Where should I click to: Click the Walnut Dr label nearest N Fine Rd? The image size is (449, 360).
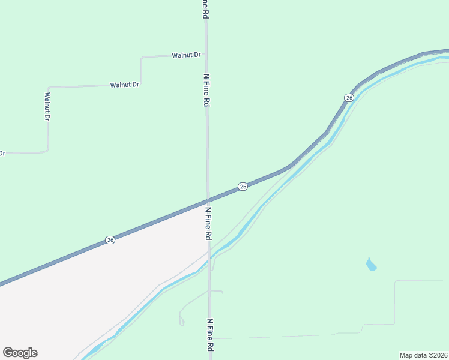(185, 55)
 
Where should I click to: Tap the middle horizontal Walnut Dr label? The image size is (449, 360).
(124, 85)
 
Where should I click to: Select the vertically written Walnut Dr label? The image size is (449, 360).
(47, 106)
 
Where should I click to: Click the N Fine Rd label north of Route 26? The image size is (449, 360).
(206, 90)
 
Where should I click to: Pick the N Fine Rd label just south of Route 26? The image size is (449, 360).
(208, 224)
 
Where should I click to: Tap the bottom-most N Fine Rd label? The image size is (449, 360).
(210, 335)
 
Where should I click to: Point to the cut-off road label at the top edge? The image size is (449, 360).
(205, 9)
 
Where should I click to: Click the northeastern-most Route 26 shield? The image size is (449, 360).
(349, 97)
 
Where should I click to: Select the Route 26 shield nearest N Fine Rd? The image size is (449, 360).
(243, 187)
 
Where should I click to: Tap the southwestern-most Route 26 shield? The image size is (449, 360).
(110, 240)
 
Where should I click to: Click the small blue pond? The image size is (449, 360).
(372, 264)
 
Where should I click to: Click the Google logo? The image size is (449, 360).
(20, 353)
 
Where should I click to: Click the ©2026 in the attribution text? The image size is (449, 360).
(439, 355)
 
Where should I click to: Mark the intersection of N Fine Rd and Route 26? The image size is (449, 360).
(208, 200)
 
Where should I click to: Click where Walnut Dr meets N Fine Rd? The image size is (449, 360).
(206, 55)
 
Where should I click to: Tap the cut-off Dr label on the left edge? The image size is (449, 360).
(2, 154)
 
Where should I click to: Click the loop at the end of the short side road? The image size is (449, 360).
(182, 322)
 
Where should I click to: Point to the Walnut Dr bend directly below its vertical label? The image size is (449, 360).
(47, 150)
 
